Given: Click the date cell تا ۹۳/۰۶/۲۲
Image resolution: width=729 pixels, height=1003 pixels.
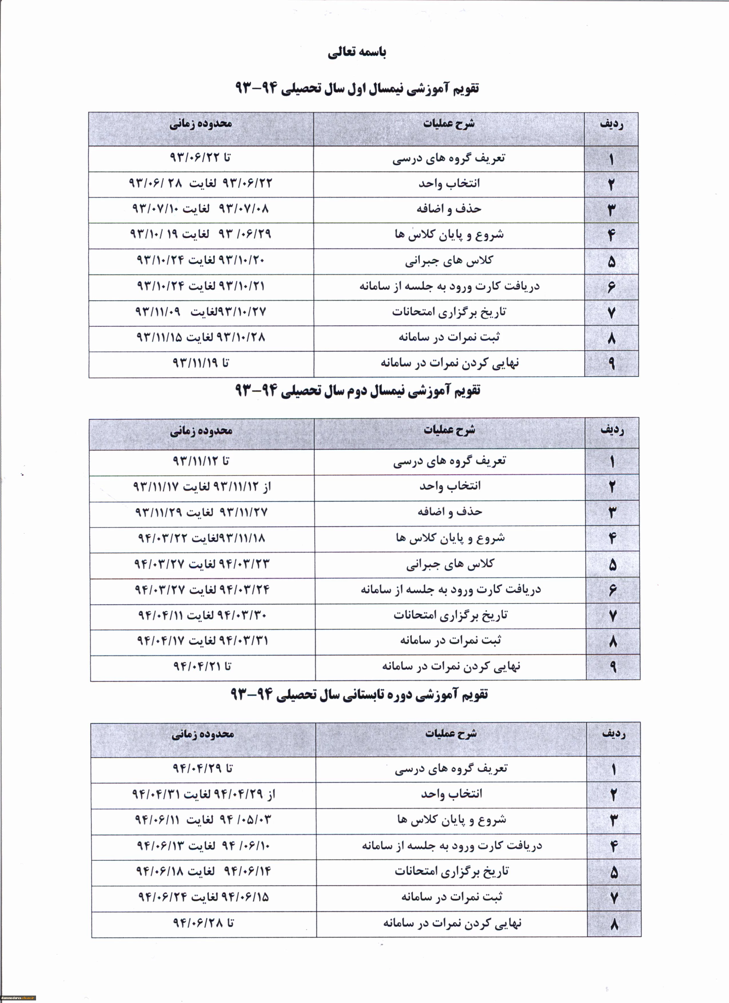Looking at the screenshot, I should click(x=200, y=158).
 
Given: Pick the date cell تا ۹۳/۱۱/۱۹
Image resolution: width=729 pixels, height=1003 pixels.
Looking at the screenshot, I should click(x=200, y=363).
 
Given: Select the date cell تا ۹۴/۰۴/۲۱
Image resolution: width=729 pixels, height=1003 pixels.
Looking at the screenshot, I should click(x=202, y=666).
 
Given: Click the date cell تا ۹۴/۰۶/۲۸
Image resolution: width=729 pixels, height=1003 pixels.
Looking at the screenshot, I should click(x=203, y=923).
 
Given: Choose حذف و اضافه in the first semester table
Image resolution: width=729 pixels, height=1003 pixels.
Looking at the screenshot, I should click(x=449, y=209).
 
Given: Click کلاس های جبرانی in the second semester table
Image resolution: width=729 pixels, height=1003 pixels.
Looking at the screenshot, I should click(x=450, y=564).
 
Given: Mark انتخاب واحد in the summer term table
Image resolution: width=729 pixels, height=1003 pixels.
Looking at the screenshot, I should click(x=451, y=794).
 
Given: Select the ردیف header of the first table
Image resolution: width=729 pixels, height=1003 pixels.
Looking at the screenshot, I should click(x=612, y=125).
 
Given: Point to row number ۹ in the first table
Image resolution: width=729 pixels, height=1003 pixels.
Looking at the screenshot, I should click(x=612, y=363).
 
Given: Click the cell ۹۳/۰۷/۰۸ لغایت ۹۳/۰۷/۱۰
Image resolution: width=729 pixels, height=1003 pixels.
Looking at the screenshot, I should click(x=200, y=209).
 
